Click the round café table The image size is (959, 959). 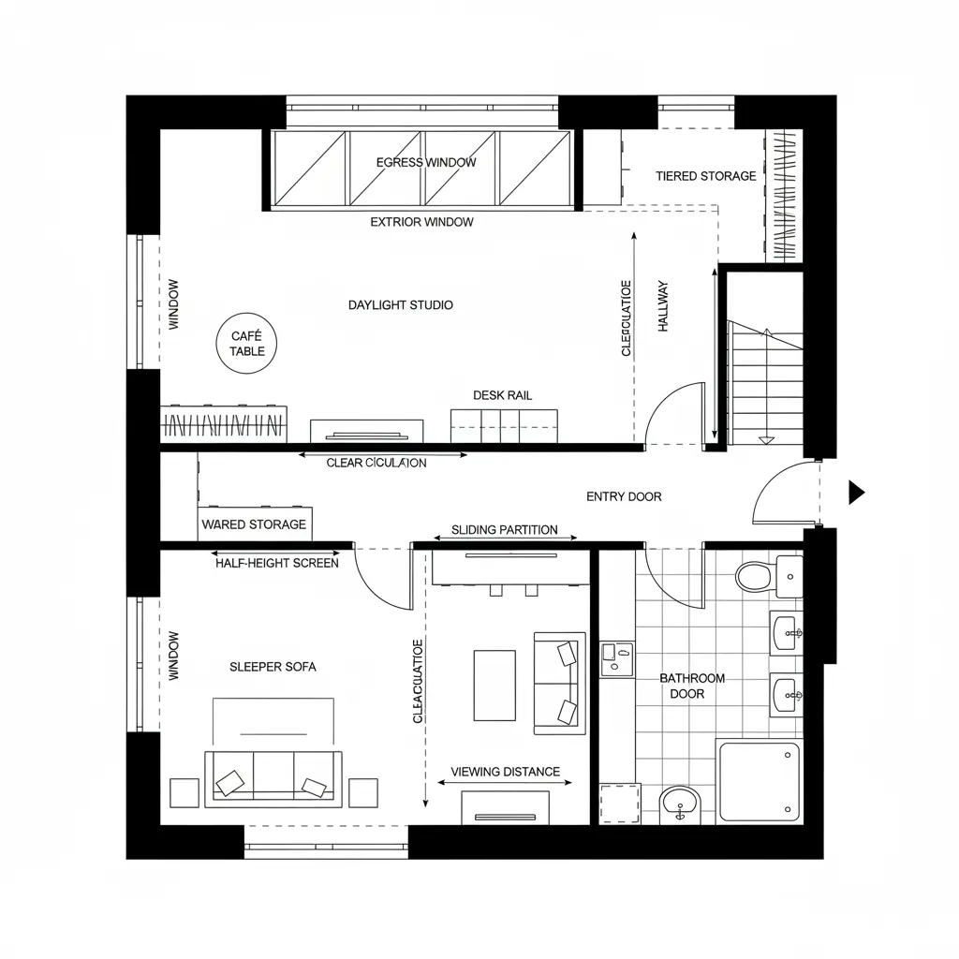click(x=247, y=344)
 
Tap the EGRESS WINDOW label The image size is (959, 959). click(x=426, y=162)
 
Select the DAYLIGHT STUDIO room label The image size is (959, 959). click(x=401, y=304)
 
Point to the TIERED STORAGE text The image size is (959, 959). click(x=705, y=176)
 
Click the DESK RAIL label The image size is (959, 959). click(x=502, y=395)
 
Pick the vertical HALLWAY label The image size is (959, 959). click(x=663, y=306)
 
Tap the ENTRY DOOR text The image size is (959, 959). click(x=624, y=496)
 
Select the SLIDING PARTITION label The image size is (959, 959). click(x=504, y=530)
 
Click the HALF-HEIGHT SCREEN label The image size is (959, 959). click(x=277, y=563)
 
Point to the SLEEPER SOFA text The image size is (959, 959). click(x=273, y=667)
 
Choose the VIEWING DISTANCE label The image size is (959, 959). click(x=505, y=772)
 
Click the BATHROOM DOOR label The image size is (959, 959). click(x=691, y=686)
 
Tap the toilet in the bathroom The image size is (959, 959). click(x=755, y=575)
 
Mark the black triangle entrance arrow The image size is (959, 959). click(x=856, y=492)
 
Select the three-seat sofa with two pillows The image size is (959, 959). click(x=273, y=775)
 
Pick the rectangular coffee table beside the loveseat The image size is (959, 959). click(x=494, y=686)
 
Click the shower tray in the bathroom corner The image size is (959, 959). click(x=759, y=780)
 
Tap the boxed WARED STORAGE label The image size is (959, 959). click(x=254, y=524)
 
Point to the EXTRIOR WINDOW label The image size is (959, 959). click(x=421, y=222)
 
